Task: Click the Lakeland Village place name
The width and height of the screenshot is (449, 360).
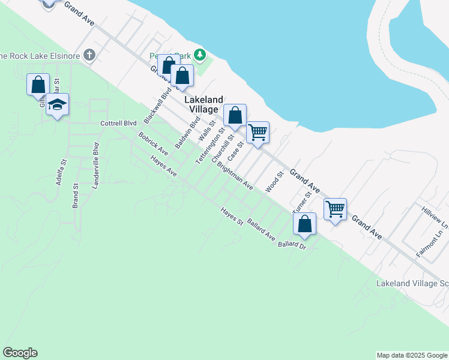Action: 204,104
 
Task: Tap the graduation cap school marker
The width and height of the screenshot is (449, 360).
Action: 57,105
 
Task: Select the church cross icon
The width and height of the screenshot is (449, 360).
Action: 89,56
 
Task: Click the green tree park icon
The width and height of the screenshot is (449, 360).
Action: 199,56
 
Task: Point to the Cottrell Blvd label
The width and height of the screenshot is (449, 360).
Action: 118,124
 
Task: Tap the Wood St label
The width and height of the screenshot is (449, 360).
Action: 274,182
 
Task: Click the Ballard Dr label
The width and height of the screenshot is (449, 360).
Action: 292,244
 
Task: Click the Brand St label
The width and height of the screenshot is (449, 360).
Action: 76,196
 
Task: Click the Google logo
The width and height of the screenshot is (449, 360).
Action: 20,353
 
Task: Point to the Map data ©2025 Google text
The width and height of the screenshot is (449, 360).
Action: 412,355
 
